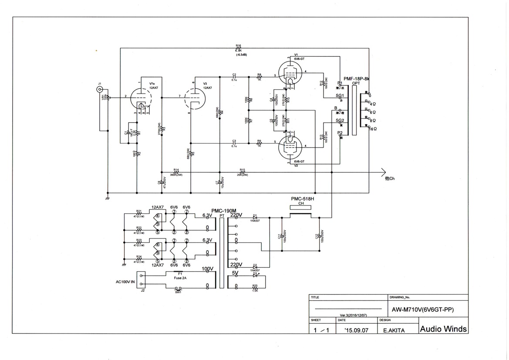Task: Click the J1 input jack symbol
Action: click(100, 90)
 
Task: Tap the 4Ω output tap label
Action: click(373, 104)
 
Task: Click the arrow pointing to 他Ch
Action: click(382, 171)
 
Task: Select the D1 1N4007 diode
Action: click(256, 217)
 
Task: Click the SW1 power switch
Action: click(178, 289)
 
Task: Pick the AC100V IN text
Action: click(125, 282)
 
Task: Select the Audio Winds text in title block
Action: click(443, 329)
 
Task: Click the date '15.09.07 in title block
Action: click(356, 330)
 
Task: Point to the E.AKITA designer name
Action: click(394, 330)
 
